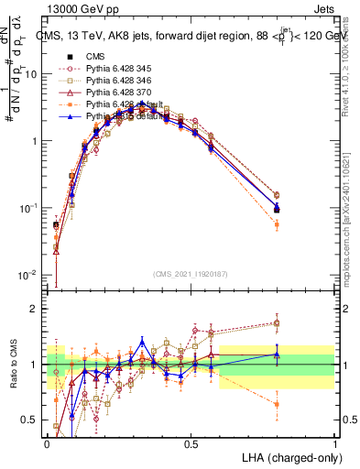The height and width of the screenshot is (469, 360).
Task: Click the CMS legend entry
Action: [94, 57]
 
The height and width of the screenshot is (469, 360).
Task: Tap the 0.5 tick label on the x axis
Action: [191, 443]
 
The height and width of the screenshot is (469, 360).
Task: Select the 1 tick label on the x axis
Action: [334, 443]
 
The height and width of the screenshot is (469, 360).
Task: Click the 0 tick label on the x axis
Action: [48, 443]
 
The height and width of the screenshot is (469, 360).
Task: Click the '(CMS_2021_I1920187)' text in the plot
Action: [191, 273]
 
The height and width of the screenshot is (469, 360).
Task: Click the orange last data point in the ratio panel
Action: [277, 404]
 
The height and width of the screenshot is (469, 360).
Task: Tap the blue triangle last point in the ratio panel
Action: [277, 354]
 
